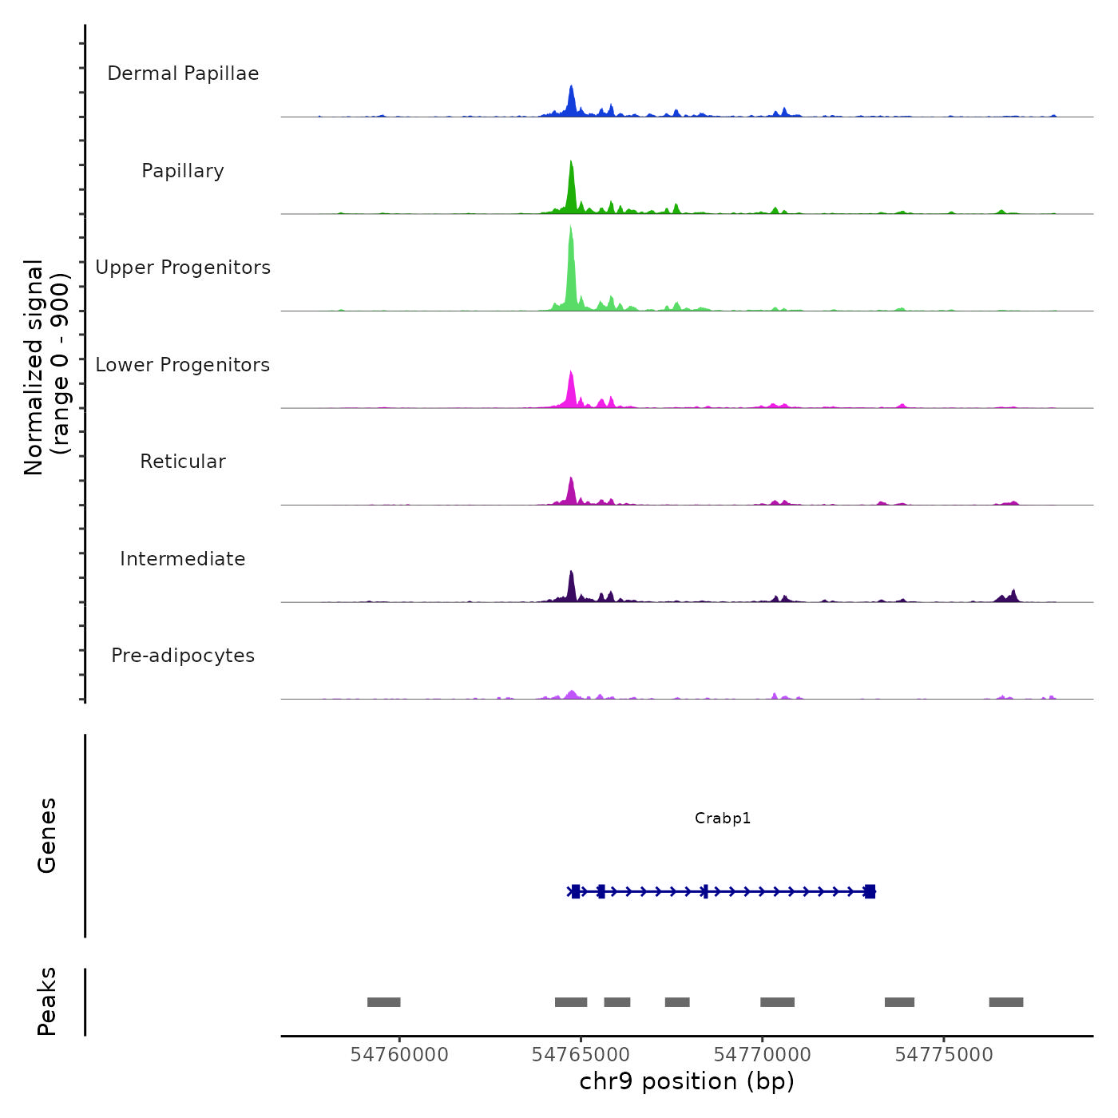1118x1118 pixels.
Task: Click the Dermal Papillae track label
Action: point(183,73)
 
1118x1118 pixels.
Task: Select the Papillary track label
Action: point(183,171)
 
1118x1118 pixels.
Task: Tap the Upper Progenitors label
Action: point(183,268)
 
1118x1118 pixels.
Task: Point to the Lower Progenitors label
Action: point(183,365)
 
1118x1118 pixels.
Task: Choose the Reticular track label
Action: point(183,462)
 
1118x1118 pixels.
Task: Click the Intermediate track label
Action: point(183,559)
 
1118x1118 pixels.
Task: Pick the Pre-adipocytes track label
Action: point(183,656)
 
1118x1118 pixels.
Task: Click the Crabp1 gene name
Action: point(723,818)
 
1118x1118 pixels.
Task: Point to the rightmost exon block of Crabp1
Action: point(870,891)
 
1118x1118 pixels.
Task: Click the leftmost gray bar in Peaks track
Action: point(383,1002)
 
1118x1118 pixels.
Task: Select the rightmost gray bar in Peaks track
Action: point(1006,1002)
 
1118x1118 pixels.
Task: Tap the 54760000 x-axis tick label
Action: point(399,1055)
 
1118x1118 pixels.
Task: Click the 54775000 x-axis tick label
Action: point(944,1055)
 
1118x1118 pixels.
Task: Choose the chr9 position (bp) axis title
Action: point(687,1081)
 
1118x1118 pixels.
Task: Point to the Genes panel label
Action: point(47,835)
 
